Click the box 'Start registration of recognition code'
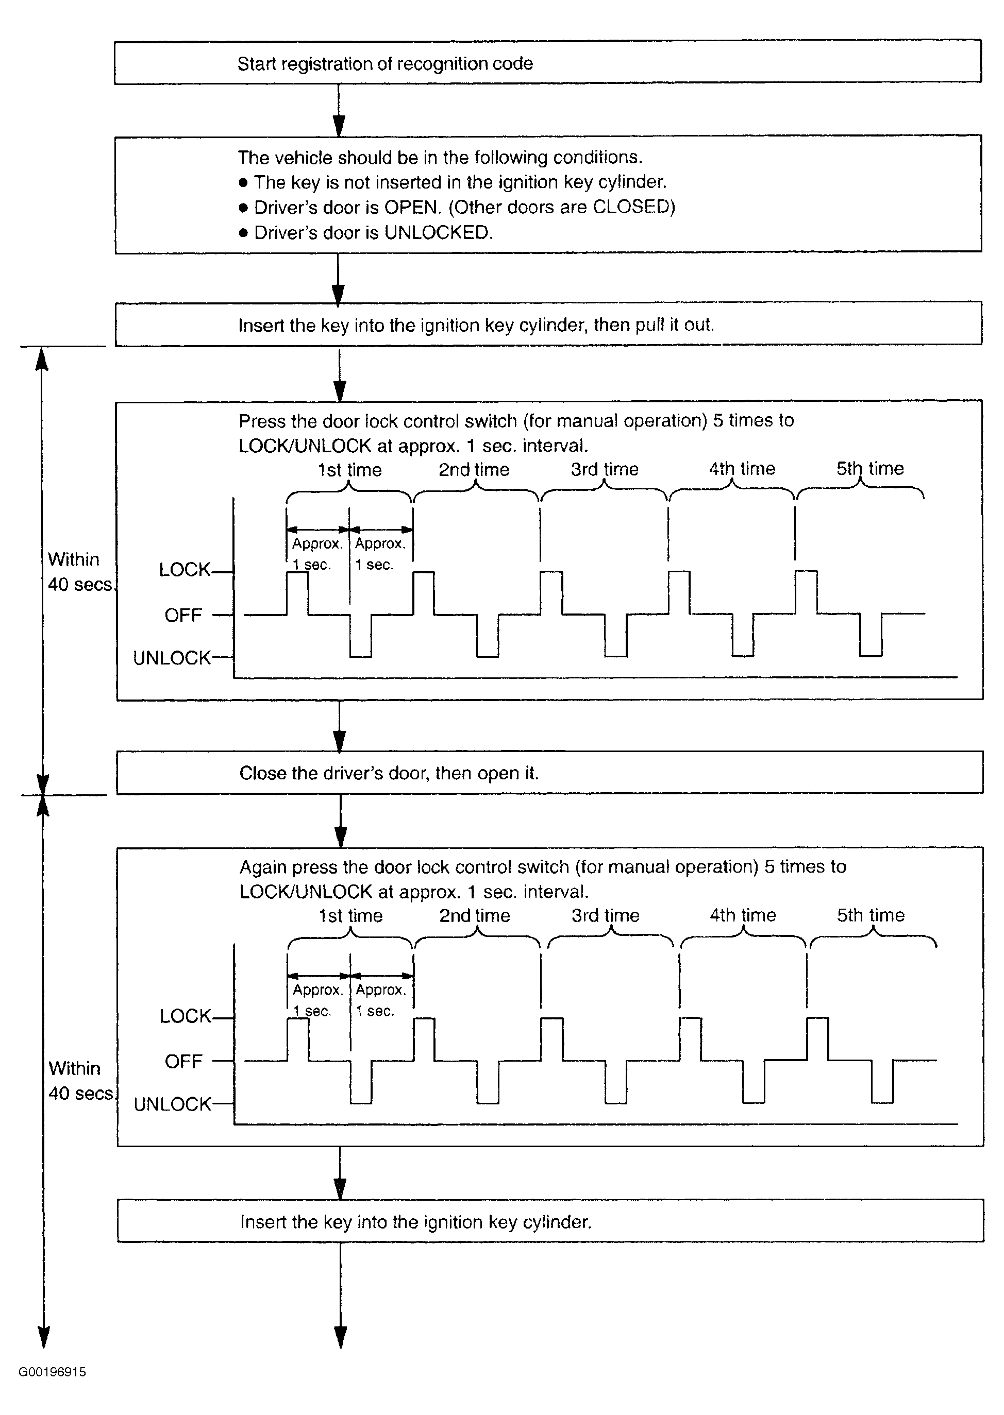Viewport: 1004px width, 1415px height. pos(547,63)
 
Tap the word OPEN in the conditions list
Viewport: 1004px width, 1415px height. pos(412,207)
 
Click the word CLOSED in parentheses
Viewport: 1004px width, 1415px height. pos(630,207)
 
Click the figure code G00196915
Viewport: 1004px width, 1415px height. pos(52,1372)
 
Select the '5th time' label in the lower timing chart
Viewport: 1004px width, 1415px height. pos(871,915)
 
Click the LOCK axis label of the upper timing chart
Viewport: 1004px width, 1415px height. pos(184,570)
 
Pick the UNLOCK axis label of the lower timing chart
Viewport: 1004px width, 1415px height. pos(173,1104)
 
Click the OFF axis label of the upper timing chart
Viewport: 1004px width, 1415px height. pos(183,616)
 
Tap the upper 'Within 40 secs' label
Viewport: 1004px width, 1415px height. pos(79,572)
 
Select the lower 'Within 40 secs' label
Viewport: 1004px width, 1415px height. pos(80,1081)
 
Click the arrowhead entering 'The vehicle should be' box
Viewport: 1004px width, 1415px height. pos(339,127)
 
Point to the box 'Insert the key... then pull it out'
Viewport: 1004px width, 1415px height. pos(548,325)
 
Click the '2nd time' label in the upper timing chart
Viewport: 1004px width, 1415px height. pos(474,470)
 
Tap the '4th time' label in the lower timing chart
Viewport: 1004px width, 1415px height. pos(743,915)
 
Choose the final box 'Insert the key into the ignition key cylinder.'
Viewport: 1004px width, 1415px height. pos(549,1222)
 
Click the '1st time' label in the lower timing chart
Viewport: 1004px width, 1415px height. pos(350,916)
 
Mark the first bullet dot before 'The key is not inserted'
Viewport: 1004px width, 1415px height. pos(244,183)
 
